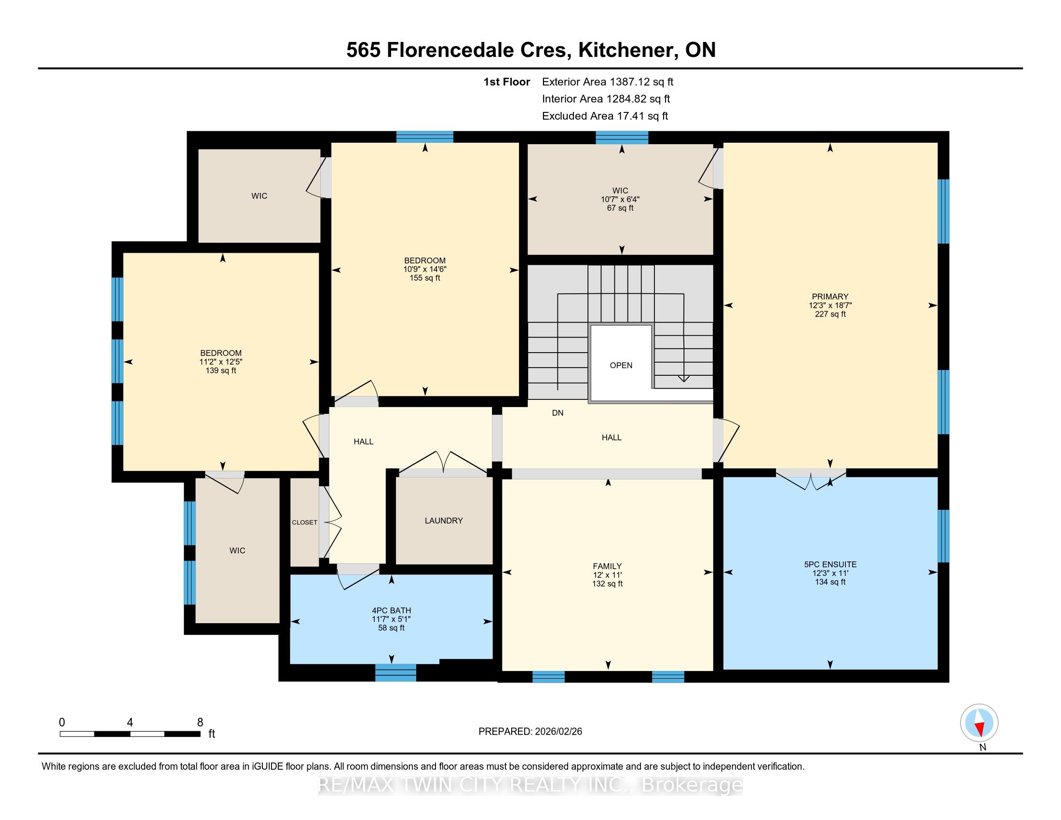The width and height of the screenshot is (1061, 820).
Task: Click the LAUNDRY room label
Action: [x=444, y=521]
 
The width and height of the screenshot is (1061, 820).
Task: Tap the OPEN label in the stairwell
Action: [x=621, y=365]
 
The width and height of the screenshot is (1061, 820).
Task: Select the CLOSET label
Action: [x=305, y=522]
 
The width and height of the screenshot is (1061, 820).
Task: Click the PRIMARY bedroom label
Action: [x=830, y=296]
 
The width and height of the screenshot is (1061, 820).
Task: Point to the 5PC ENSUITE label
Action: [x=830, y=564]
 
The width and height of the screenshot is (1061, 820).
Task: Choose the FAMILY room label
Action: [x=607, y=566]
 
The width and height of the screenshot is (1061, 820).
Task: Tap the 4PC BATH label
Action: [x=392, y=611]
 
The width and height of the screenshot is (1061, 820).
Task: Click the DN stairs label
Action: [x=558, y=413]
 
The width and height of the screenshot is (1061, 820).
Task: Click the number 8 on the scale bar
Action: [x=200, y=723]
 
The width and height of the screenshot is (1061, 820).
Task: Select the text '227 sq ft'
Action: [x=830, y=314]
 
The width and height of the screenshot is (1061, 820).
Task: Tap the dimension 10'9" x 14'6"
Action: [x=424, y=269]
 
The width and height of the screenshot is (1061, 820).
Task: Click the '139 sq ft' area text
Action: [x=221, y=370]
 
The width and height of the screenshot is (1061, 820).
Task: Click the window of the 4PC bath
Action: [x=395, y=672]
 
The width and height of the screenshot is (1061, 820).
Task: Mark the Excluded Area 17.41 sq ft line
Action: [x=605, y=116]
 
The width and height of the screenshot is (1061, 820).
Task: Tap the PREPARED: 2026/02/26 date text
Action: [x=530, y=731]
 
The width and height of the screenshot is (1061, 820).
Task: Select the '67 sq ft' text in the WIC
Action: [x=620, y=208]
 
